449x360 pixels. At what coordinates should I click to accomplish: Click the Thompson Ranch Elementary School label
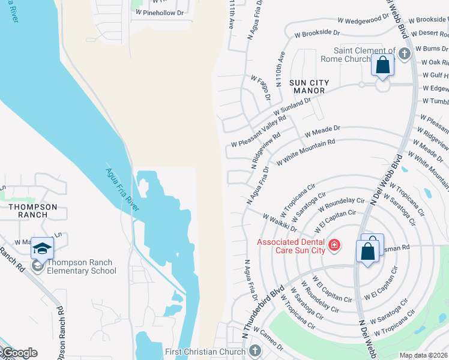click(x=81, y=266)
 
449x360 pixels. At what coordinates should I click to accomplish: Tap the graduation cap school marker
click(x=43, y=248)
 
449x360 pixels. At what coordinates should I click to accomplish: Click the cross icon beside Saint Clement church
click(x=404, y=54)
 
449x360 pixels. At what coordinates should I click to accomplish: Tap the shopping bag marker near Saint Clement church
click(x=382, y=65)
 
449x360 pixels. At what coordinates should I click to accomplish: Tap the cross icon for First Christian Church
click(x=254, y=350)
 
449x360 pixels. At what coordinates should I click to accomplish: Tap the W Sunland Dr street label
click(x=292, y=107)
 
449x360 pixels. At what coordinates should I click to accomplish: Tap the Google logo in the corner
click(x=19, y=353)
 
